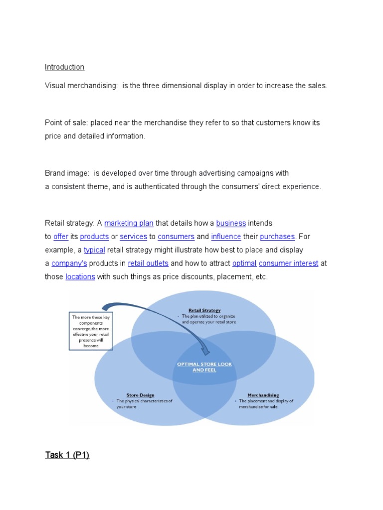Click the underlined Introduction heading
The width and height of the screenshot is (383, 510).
pyautogui.click(x=64, y=67)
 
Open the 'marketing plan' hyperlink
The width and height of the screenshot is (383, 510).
pyautogui.click(x=129, y=224)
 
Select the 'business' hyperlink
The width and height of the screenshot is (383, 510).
pyautogui.click(x=231, y=224)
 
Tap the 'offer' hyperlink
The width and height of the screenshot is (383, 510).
pyautogui.click(x=60, y=237)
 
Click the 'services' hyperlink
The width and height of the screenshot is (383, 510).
pyautogui.click(x=134, y=237)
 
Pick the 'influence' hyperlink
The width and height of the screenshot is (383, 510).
pyautogui.click(x=226, y=237)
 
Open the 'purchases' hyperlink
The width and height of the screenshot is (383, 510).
pyautogui.click(x=277, y=237)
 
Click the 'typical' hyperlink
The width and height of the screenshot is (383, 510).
pyautogui.click(x=94, y=250)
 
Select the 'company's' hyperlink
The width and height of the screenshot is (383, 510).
pyautogui.click(x=69, y=263)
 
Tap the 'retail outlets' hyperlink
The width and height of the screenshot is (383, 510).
pyautogui.click(x=148, y=263)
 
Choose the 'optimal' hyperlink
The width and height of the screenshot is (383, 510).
pyautogui.click(x=244, y=263)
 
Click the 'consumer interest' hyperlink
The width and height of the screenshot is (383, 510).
pyautogui.click(x=289, y=263)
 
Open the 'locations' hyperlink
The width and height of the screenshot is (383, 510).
pyautogui.click(x=80, y=277)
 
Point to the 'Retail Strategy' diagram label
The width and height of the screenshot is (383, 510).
pyautogui.click(x=204, y=310)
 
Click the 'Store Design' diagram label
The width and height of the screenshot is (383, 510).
pyautogui.click(x=140, y=395)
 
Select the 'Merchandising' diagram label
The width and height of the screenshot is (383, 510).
pyautogui.click(x=263, y=395)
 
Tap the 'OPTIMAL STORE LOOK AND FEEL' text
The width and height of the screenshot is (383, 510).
pyautogui.click(x=204, y=367)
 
